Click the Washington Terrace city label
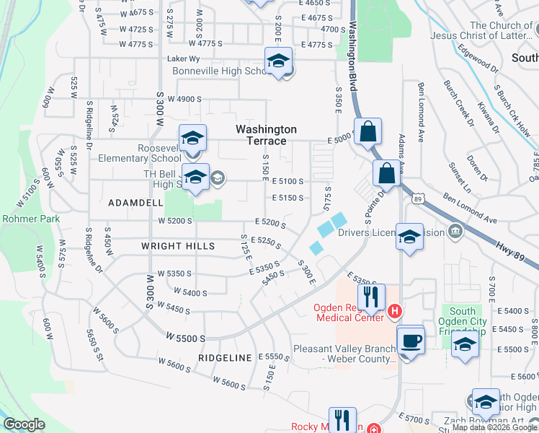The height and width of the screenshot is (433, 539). coord(266,134)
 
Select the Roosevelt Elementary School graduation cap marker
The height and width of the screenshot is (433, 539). coord(192,138)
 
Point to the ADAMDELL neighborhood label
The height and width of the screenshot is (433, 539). coord(135,204)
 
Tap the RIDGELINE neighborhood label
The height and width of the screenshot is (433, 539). coord(226,358)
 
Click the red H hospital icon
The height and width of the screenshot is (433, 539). coord(394,312)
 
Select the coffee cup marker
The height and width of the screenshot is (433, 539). coord(410,340)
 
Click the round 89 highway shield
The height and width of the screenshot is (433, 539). coord(418,196)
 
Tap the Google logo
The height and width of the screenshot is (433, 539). coord(24,424)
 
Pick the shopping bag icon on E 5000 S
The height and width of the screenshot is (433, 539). coord(367,132)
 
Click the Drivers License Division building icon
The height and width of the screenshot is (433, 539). coord(455,232)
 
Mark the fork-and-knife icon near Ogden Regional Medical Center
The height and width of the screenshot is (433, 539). coord(371,296)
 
